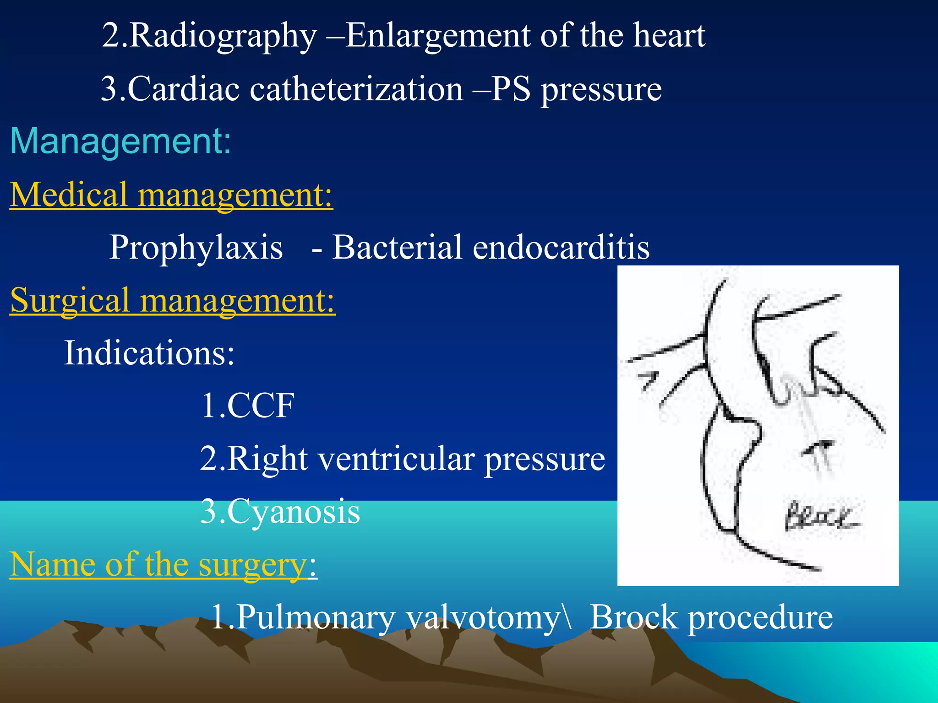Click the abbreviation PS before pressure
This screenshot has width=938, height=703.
coord(511,89)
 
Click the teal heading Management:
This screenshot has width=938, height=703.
coord(120,141)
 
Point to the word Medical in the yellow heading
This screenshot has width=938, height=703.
coord(69,195)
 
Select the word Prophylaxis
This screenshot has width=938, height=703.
coord(196,248)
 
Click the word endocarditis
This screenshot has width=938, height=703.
coord(561,248)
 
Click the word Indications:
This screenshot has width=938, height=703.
coord(149,353)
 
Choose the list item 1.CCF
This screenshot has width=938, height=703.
coord(247,406)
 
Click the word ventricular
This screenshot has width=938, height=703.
coord(396,459)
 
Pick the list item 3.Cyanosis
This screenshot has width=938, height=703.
coord(280,511)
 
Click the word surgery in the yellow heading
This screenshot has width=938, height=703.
coord(252,564)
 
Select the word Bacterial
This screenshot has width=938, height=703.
coord(397,248)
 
